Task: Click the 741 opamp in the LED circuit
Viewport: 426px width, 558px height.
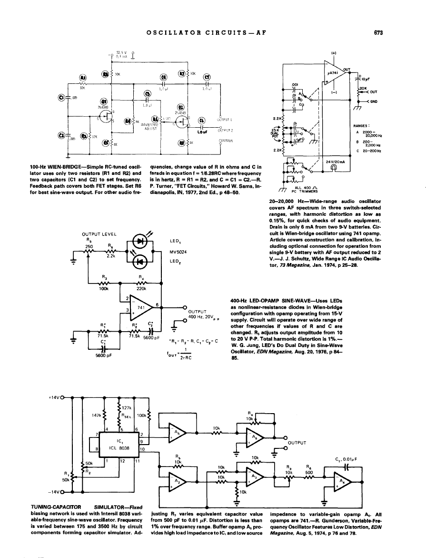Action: tap(141, 308)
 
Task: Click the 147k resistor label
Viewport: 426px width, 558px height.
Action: tap(96, 414)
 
